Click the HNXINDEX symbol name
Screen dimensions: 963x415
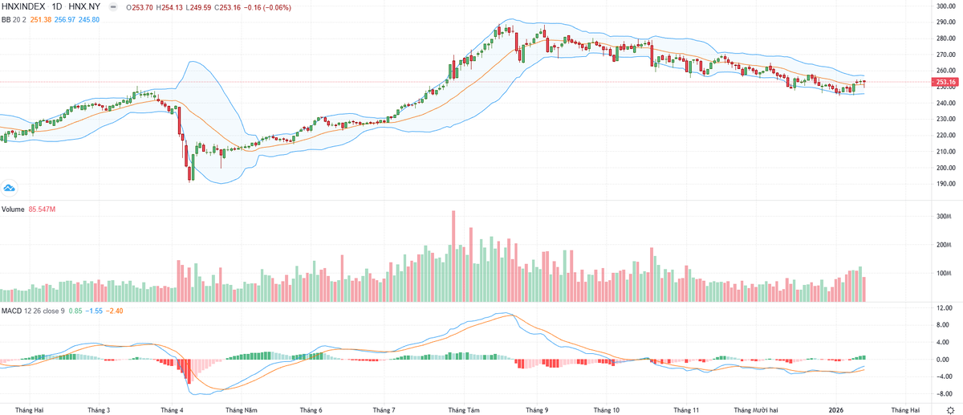23,7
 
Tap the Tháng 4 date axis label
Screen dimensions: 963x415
172,410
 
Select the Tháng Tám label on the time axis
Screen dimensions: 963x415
464,410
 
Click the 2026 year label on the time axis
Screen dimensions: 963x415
836,410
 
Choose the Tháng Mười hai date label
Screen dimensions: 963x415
756,410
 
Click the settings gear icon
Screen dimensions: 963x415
950,411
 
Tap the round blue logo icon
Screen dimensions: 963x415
9,189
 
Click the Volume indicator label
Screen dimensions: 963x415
13,210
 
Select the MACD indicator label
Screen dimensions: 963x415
11,311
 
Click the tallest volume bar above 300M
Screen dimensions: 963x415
453,256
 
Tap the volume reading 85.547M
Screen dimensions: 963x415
42,210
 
